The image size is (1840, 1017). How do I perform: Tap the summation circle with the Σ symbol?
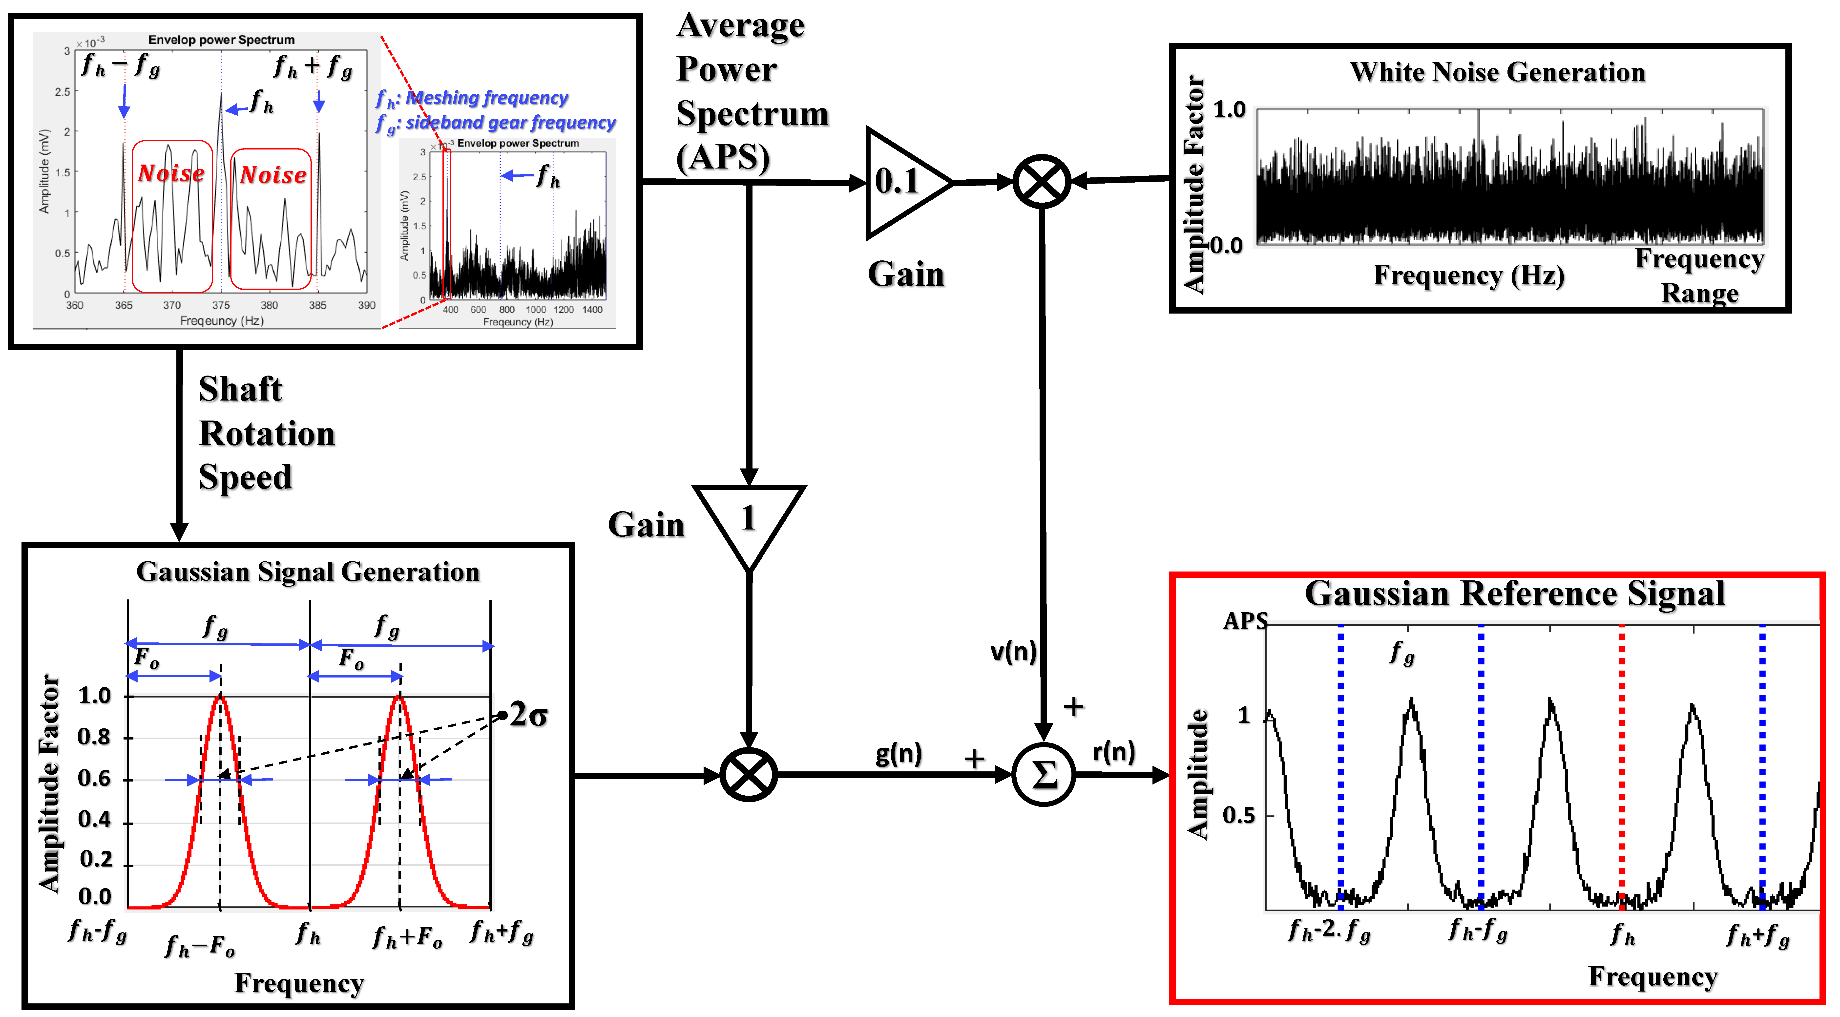[1044, 774]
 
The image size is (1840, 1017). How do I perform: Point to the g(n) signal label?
[899, 753]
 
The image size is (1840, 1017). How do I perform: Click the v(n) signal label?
[1013, 651]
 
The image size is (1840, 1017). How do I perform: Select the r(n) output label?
[1114, 751]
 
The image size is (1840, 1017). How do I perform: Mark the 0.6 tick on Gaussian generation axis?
[95, 779]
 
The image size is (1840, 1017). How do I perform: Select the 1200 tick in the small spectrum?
[564, 310]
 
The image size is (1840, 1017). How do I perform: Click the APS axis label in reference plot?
[1245, 621]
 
